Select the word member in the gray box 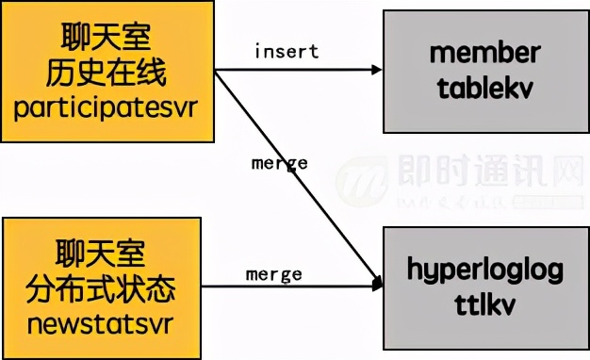[x=484, y=52]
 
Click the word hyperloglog [x=484, y=270]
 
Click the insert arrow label [x=285, y=50]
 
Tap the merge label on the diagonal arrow [x=279, y=163]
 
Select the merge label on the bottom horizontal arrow [x=273, y=274]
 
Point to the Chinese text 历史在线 [x=108, y=74]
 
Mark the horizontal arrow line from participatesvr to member [x=292, y=70]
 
